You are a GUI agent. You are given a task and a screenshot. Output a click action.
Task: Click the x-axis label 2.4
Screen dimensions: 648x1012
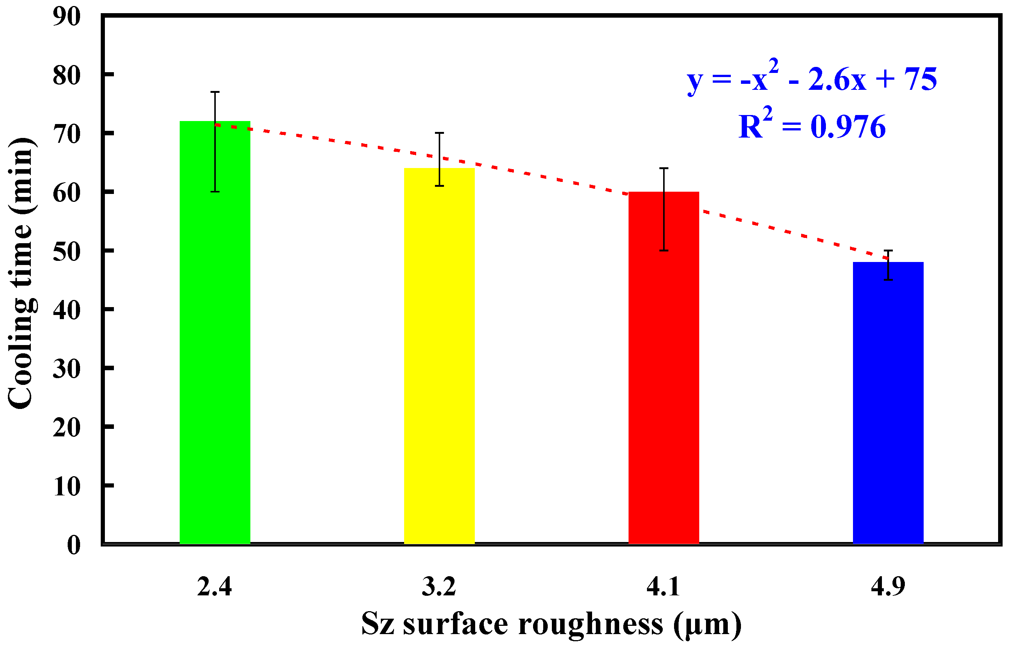tap(214, 587)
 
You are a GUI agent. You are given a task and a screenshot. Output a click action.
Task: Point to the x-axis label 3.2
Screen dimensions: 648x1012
tap(439, 587)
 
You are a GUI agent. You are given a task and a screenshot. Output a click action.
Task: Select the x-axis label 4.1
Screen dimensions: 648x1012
tap(663, 587)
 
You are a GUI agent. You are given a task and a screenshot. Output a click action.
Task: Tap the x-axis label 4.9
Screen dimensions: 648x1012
tap(888, 587)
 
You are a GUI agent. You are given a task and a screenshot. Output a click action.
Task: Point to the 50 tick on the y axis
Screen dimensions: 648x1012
tap(67, 253)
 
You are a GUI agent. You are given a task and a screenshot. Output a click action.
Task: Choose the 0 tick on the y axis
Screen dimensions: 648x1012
tap(74, 546)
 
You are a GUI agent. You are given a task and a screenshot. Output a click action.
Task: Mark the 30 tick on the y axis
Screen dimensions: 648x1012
tap(67, 370)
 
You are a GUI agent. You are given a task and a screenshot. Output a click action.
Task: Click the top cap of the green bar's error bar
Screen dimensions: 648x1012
tap(215, 92)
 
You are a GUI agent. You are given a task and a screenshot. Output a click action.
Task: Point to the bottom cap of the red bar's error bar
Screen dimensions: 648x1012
tap(664, 250)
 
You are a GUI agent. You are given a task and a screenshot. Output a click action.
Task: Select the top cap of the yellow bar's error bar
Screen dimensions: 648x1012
tap(439, 133)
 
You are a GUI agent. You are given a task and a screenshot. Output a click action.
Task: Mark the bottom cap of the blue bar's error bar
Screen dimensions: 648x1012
tap(888, 280)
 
